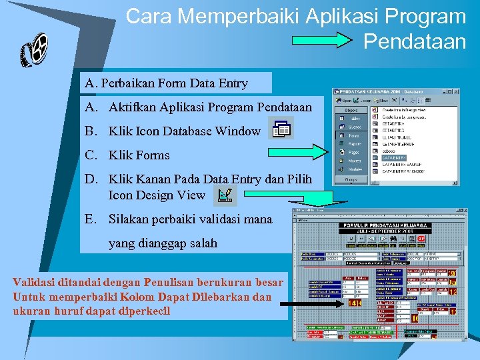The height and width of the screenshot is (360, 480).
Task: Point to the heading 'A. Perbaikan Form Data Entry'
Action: (x=167, y=83)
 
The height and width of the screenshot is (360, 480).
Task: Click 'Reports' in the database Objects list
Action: (x=355, y=143)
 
